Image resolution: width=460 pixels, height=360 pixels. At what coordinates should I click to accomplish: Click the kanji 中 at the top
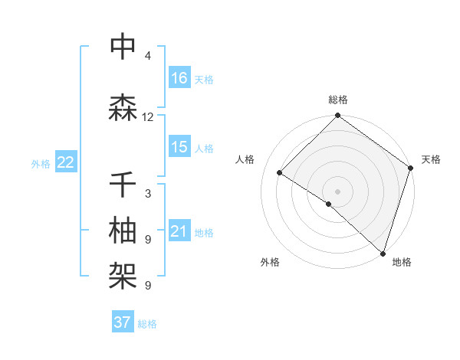pos(123,47)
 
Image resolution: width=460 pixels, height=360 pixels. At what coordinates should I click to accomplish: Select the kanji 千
pos(123,185)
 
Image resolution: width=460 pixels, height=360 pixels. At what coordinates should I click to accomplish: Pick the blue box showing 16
pos(179,78)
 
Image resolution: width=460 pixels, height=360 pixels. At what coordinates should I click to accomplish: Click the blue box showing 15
pos(179,147)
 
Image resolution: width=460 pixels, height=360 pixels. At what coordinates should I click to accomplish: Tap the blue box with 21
pos(179,231)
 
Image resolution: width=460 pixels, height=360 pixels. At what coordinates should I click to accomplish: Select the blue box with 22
pos(66,162)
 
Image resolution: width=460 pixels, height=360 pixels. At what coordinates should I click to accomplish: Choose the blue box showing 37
pos(123,322)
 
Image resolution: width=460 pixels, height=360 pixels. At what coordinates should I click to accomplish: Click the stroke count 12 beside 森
pos(148,117)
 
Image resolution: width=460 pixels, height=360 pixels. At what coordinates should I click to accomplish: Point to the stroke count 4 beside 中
pos(148,56)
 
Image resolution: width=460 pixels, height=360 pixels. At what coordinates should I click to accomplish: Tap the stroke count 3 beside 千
pos(148,194)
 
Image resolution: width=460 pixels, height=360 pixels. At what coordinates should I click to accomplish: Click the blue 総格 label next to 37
pos(147,324)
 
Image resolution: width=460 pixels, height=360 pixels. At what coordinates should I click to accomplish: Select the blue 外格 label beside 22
pos(41,163)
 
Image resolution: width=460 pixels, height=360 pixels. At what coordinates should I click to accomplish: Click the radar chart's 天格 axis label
pos(431,159)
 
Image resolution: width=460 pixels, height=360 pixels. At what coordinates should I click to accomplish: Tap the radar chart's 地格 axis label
pos(402,262)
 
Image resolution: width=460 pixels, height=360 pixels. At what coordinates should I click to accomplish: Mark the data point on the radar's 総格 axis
pos(337,116)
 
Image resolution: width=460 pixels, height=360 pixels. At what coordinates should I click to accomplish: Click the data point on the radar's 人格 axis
pos(280,173)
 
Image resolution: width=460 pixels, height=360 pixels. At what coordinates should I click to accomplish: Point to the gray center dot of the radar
pos(337,190)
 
